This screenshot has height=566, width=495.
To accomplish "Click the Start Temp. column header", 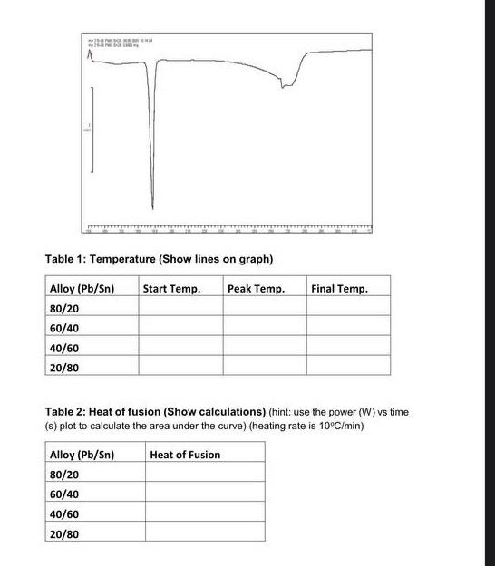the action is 171,288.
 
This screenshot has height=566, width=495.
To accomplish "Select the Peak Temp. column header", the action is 256,288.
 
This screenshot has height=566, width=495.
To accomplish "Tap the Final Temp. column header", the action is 339,288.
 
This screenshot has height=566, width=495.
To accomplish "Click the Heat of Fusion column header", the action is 185,455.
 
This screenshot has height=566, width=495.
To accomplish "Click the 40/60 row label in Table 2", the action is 63,514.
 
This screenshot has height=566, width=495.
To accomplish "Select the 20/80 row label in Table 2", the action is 63,534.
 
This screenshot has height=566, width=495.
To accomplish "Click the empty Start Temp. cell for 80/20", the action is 180,308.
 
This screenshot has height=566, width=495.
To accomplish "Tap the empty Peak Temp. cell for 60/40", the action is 264,328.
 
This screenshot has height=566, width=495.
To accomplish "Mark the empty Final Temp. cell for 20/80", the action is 348,367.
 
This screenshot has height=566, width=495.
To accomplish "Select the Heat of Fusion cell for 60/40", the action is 204,494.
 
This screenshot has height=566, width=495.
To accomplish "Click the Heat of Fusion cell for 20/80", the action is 204,534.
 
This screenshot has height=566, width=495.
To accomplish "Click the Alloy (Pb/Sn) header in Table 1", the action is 82,288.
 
